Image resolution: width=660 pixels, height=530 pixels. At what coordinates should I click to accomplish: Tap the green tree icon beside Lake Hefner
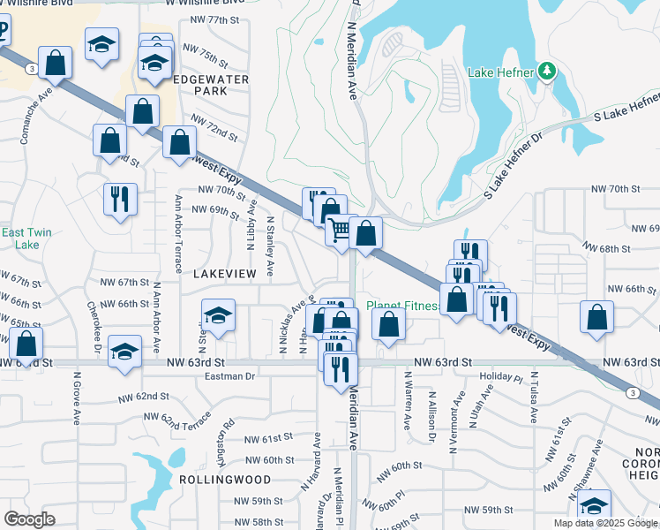click(x=547, y=71)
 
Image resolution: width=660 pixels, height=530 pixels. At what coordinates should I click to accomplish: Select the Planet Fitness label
click(x=402, y=306)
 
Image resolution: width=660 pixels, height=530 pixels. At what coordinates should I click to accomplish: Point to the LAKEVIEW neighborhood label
click(x=224, y=275)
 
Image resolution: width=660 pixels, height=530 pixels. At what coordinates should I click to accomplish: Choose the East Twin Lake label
click(x=26, y=238)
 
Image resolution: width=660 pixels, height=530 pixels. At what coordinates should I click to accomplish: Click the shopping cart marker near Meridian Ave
click(x=340, y=231)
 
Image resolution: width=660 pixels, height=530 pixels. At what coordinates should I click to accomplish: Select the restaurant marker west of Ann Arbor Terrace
click(x=119, y=198)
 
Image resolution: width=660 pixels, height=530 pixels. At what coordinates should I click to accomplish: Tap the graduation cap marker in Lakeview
click(x=218, y=314)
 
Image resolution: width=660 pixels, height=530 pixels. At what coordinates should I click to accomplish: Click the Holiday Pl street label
click(x=501, y=376)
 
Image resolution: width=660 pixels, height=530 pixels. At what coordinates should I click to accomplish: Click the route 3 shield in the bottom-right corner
click(x=632, y=392)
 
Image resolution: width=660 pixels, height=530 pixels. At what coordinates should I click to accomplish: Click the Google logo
click(x=29, y=519)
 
